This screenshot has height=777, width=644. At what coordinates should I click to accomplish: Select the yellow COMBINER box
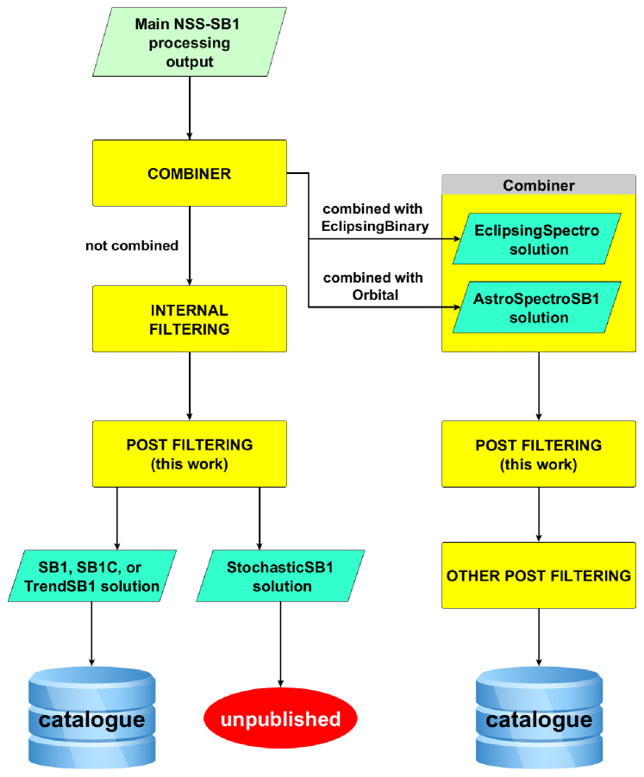pyautogui.click(x=189, y=173)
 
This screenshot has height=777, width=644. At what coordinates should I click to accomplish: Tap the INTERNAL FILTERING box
pyautogui.click(x=189, y=319)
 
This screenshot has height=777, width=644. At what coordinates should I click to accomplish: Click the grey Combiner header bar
pyautogui.click(x=538, y=184)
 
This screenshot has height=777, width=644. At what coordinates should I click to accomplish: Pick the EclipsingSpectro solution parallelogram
pyautogui.click(x=538, y=239)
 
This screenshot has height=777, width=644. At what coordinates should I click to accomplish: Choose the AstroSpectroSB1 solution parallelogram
pyautogui.click(x=538, y=308)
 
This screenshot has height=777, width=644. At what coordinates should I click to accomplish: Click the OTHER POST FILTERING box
pyautogui.click(x=538, y=575)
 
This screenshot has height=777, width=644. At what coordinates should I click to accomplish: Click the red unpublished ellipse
pyautogui.click(x=280, y=718)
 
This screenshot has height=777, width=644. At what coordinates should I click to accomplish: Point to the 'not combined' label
pyautogui.click(x=132, y=246)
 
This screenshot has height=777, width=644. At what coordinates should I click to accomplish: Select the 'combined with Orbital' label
pyautogui.click(x=372, y=286)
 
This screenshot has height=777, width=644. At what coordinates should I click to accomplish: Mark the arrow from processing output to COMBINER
pyautogui.click(x=189, y=107)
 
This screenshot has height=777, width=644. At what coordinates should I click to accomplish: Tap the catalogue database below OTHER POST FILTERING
pyautogui.click(x=538, y=718)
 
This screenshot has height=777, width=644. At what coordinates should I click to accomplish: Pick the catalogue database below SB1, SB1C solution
pyautogui.click(x=91, y=718)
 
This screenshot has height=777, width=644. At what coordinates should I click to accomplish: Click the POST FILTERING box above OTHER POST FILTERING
pyautogui.click(x=538, y=454)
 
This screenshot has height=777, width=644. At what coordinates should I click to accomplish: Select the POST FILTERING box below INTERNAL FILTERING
pyautogui.click(x=189, y=454)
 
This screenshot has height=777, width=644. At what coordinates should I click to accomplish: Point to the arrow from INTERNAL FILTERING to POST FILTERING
pyautogui.click(x=189, y=386)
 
